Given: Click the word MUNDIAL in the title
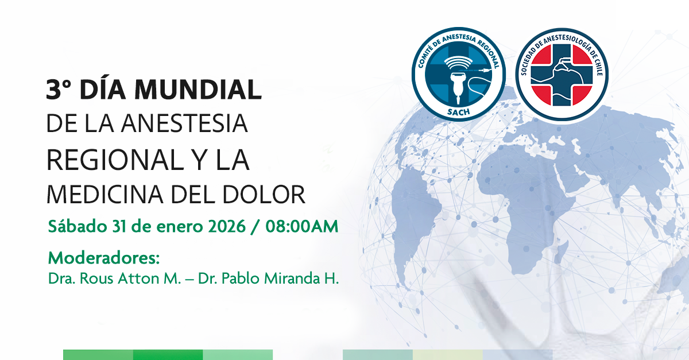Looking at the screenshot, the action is point(198,90).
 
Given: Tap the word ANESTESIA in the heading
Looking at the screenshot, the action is point(184,123).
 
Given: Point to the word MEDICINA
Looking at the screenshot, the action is point(105,195).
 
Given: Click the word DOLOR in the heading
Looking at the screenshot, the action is point(264,195).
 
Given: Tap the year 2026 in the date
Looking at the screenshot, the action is point(227,226).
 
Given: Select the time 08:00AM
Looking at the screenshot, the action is point(302,226).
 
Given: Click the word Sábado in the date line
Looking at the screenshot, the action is point(77,226).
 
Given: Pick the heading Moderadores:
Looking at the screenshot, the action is point(104,258).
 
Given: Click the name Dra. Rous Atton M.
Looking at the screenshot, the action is point(114,278).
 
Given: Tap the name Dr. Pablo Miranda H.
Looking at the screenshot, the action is point(268,278).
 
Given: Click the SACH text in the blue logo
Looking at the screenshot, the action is point(458,112).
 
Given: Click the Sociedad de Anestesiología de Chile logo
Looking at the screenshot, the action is point(562,75).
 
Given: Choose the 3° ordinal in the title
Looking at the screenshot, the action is point(59,89).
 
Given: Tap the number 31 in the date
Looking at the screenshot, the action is point(119,226).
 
